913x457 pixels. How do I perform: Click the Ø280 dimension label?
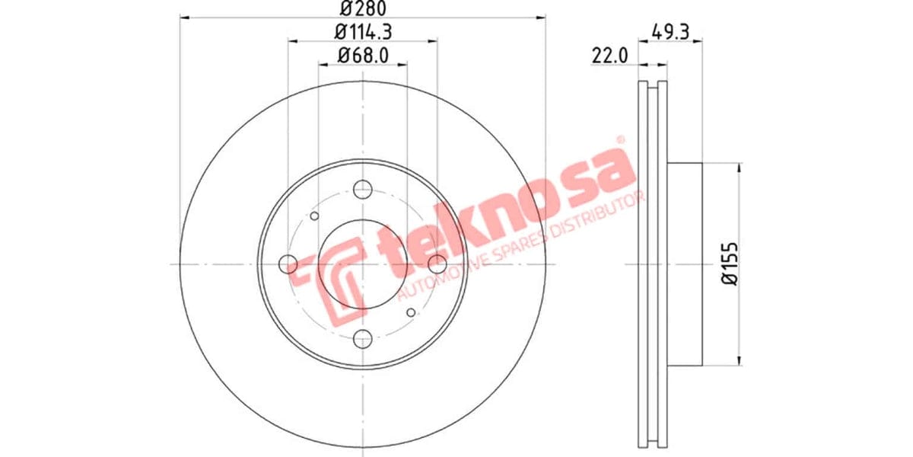click(x=363, y=9)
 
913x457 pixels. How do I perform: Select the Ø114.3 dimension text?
click(x=363, y=32)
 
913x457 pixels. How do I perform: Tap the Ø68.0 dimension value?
click(x=363, y=55)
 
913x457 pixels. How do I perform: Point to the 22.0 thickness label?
click(x=609, y=55)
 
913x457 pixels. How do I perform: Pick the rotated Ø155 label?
click(x=731, y=264)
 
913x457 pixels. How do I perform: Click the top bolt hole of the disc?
click(x=363, y=189)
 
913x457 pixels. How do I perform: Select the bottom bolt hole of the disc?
click(x=363, y=339)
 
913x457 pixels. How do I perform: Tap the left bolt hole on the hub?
click(x=288, y=264)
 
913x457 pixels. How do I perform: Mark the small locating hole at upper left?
click(x=315, y=217)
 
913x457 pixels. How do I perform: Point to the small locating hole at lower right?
click(x=411, y=312)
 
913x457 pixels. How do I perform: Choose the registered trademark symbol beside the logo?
click(x=620, y=140)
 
